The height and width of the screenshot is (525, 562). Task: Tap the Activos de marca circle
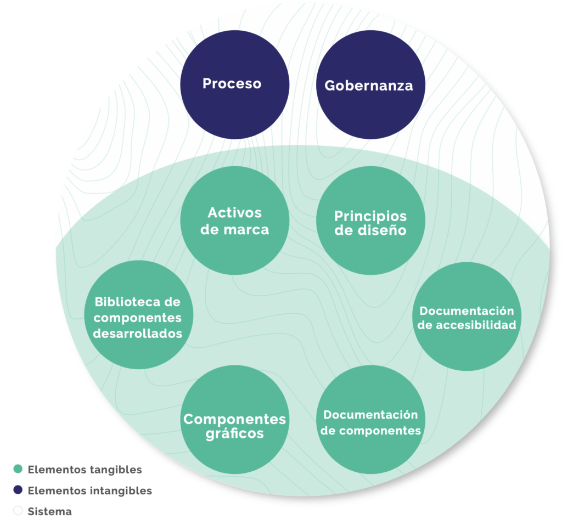[x=235, y=221]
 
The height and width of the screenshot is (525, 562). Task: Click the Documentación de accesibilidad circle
[x=467, y=317]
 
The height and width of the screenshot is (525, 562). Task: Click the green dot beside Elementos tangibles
[x=18, y=469]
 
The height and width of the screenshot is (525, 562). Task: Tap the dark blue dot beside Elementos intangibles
[x=18, y=490]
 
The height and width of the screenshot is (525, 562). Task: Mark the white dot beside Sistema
[x=18, y=511]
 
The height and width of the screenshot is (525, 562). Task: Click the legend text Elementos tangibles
[x=85, y=470]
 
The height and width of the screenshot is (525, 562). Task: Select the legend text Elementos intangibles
[x=89, y=490]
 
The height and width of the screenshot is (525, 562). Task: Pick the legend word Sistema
[x=49, y=512]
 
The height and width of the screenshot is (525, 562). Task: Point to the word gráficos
[x=234, y=434]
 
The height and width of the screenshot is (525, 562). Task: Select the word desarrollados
[x=138, y=333]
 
